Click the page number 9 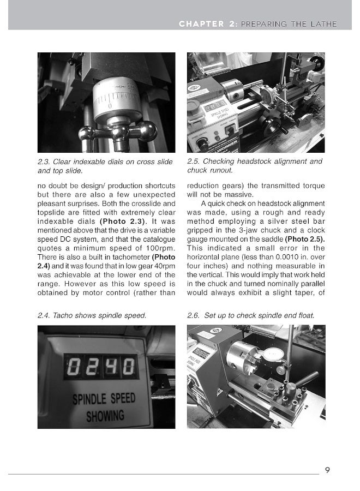[327, 470]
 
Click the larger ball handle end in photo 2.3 [146, 131]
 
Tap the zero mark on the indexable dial [110, 104]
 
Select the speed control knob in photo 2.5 [203, 144]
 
